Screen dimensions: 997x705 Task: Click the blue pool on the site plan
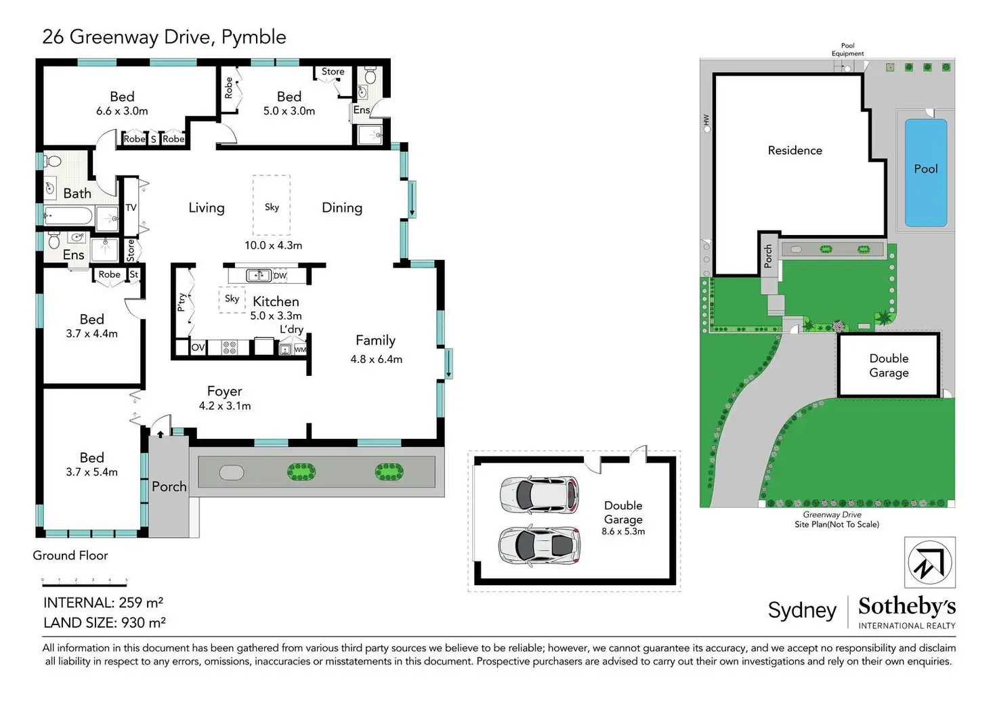tap(926, 173)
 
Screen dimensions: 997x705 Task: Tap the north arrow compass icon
tap(930, 563)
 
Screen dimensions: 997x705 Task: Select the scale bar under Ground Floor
tap(85, 582)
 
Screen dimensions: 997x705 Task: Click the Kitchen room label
tap(276, 302)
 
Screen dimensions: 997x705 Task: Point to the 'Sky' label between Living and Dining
tap(272, 207)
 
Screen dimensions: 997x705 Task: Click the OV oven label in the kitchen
tap(198, 347)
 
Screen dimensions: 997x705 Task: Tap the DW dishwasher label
tap(280, 276)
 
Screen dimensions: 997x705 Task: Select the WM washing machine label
tap(301, 350)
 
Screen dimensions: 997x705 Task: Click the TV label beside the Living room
tap(131, 207)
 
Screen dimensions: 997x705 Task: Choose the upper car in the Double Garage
tap(539, 495)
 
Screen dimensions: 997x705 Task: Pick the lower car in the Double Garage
tap(539, 545)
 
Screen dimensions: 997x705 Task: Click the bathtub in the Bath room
tap(68, 217)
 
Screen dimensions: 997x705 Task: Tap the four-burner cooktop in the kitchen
tap(229, 347)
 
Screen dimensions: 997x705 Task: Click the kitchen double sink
tap(259, 276)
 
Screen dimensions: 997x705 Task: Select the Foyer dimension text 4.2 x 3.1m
tap(225, 406)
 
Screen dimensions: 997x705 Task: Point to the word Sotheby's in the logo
tap(907, 606)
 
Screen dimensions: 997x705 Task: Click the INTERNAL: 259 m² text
tap(103, 603)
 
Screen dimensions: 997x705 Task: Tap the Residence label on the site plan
tap(795, 150)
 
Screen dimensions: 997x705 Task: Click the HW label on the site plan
tap(706, 119)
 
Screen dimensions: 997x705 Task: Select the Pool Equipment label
tap(847, 49)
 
